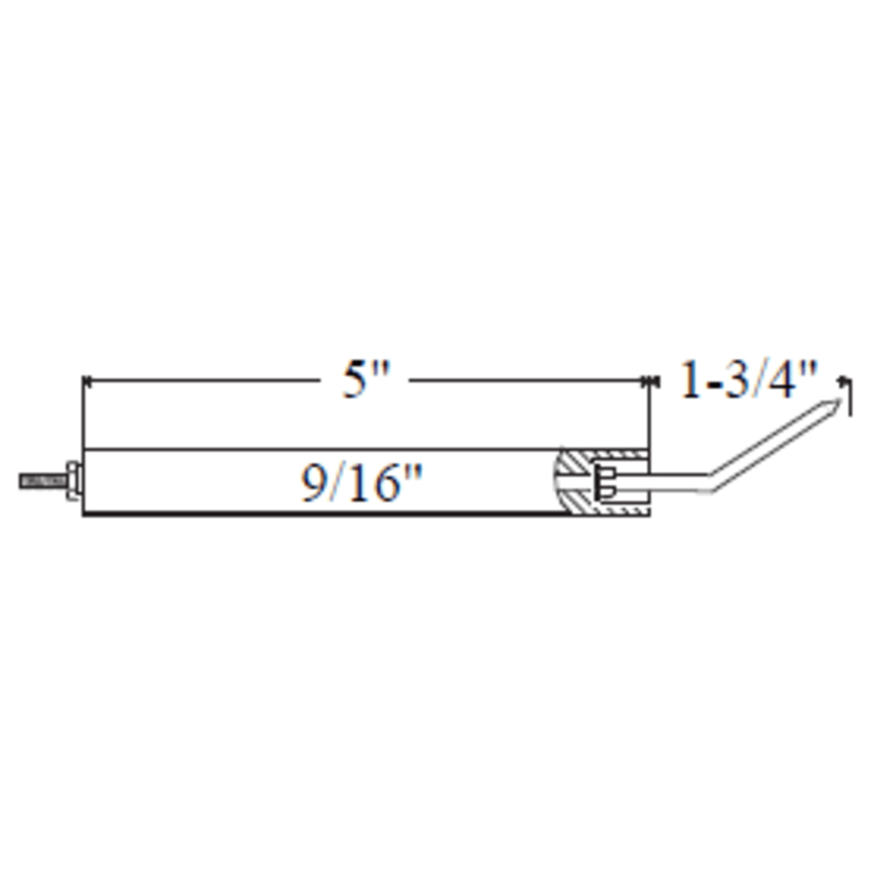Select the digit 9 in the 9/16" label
[314, 484]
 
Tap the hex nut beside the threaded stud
[72, 481]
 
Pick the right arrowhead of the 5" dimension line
[645, 381]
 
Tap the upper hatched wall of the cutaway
[614, 458]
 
